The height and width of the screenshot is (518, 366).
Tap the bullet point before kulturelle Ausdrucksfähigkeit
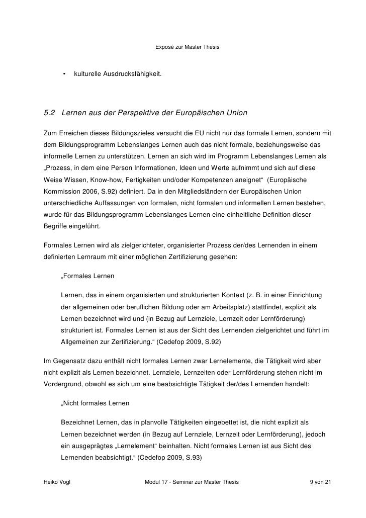pyautogui.click(x=64, y=75)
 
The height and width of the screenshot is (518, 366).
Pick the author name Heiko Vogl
pyautogui.click(x=58, y=482)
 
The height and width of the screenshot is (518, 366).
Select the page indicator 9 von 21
pyautogui.click(x=320, y=482)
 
